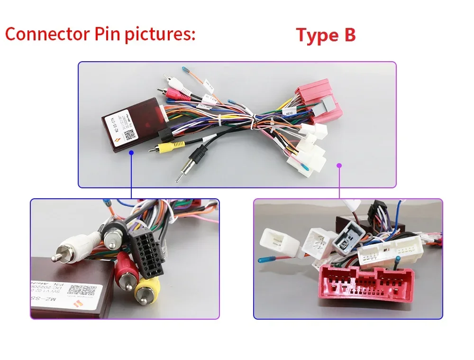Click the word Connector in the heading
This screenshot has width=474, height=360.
click(x=46, y=35)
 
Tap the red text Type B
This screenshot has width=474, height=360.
click(x=326, y=36)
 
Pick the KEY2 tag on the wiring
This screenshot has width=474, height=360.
click(x=290, y=114)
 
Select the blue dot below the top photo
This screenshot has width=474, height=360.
click(x=131, y=153)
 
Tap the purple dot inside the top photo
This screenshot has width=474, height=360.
click(x=339, y=165)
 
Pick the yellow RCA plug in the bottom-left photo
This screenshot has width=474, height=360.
click(x=147, y=289)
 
